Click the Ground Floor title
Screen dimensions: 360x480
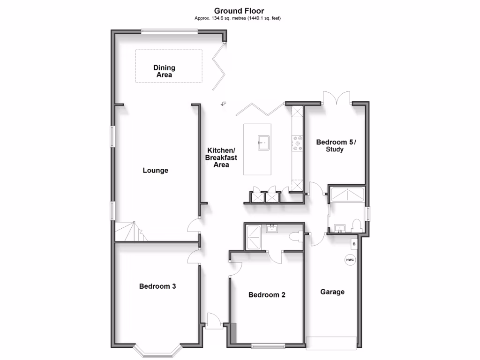[239, 11]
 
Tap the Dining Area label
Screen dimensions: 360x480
[164, 71]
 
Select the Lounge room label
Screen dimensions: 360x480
[156, 171]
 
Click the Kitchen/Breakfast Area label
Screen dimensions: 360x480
[221, 157]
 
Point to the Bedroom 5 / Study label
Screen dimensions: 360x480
[336, 146]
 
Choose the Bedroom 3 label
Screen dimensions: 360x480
[157, 286]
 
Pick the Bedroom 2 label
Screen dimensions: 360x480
[267, 295]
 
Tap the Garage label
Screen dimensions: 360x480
[332, 292]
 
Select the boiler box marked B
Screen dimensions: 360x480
[354, 244]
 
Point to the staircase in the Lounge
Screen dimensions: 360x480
[129, 232]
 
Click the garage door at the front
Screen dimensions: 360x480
[333, 343]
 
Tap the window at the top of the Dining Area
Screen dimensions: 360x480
[169, 32]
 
